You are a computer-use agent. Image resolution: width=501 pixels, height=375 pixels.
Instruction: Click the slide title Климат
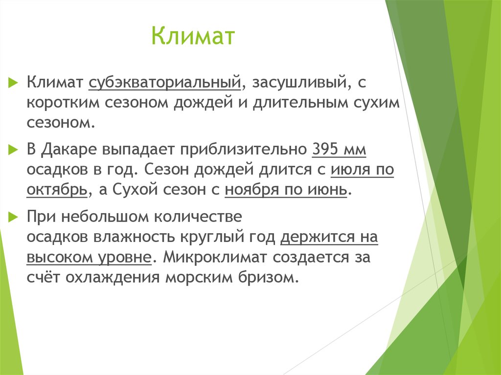(193, 38)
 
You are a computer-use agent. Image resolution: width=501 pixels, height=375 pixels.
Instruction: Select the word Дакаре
(73, 150)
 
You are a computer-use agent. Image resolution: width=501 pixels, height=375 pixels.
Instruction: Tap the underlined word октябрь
(57, 190)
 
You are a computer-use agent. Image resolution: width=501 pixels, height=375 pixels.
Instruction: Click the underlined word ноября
(250, 190)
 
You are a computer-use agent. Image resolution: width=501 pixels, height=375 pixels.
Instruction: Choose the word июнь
(330, 190)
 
